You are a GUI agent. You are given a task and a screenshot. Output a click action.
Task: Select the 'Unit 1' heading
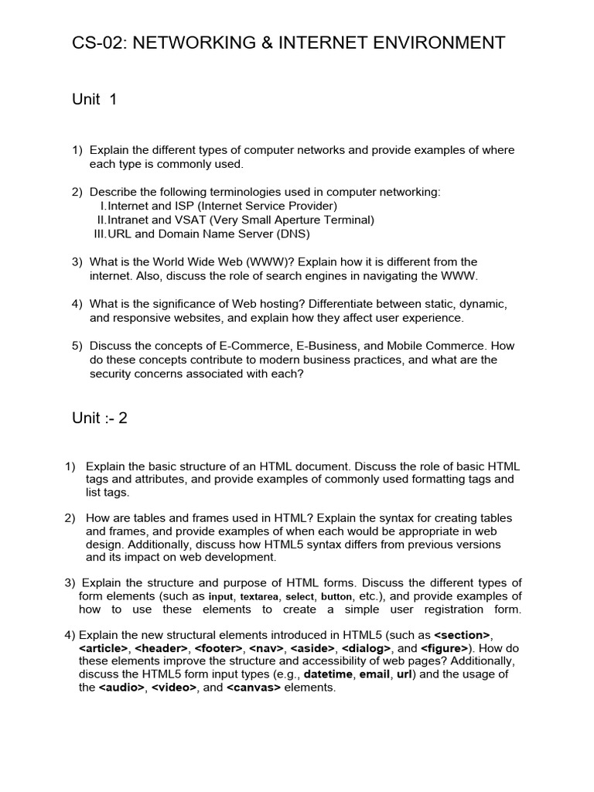[x=94, y=100]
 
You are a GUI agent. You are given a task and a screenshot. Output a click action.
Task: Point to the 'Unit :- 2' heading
[x=100, y=418]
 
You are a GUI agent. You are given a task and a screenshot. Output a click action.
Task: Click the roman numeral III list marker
[x=99, y=234]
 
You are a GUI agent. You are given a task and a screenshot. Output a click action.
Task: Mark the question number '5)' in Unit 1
[x=77, y=346]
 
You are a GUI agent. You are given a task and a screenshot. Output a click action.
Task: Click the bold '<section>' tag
[x=462, y=635]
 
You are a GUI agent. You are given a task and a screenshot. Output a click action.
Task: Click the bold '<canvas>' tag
[x=254, y=688]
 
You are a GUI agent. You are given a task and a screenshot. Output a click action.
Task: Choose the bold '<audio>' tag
[x=122, y=688]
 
